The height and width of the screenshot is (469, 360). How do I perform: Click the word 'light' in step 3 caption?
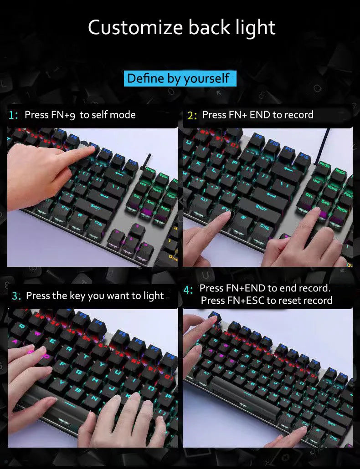tap(154, 296)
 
